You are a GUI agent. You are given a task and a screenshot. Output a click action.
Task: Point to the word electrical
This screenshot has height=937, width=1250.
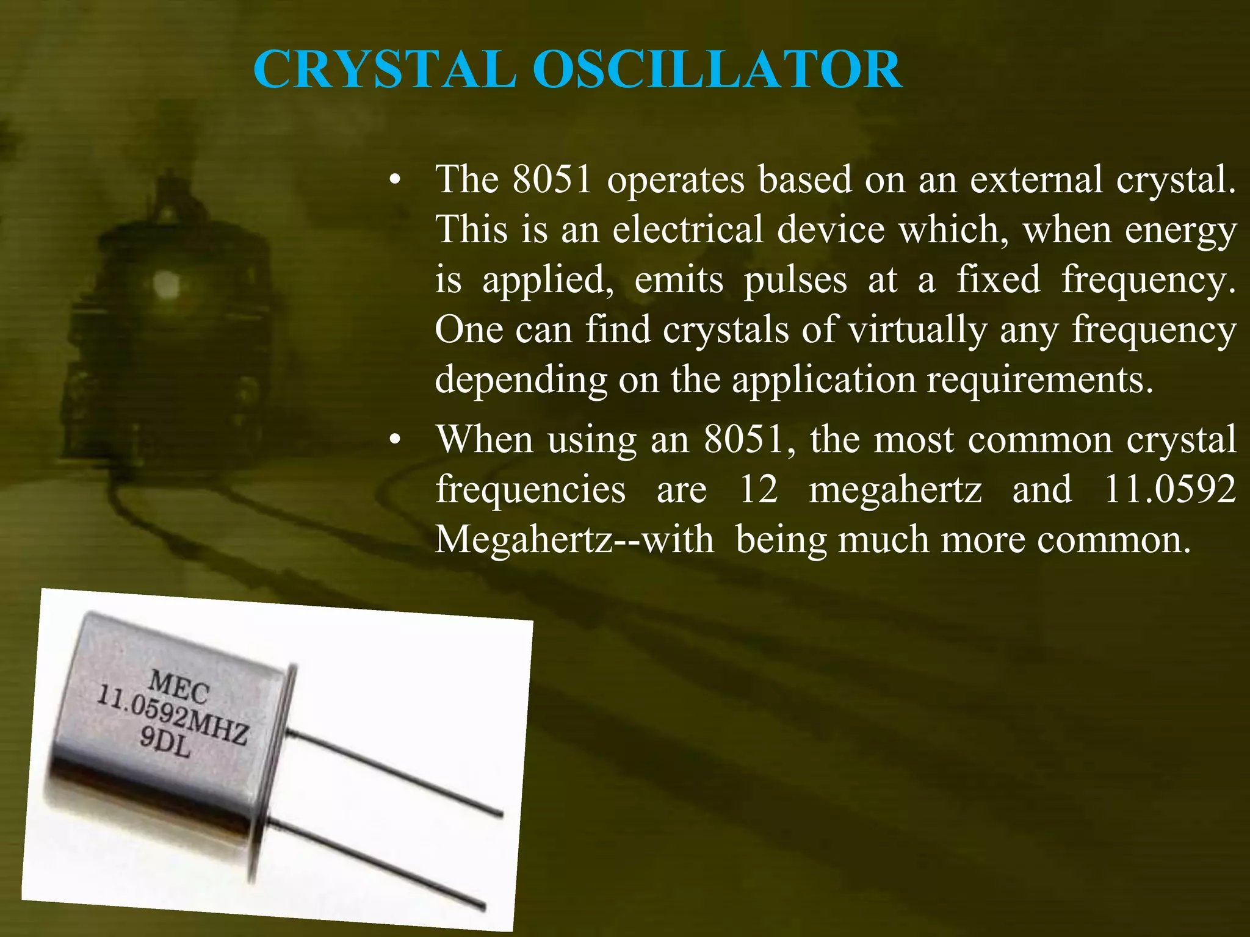687,230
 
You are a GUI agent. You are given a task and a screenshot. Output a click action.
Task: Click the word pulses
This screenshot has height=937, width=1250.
795,280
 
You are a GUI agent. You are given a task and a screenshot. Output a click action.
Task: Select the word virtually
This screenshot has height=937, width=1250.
917,330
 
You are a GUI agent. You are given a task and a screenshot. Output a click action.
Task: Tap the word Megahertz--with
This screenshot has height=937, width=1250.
574,540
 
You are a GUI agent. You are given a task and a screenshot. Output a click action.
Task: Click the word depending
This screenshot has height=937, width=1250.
521,381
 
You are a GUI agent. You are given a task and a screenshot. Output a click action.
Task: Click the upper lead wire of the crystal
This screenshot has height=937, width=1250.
397,772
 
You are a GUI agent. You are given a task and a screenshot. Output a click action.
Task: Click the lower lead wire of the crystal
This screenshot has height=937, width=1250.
378,863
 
